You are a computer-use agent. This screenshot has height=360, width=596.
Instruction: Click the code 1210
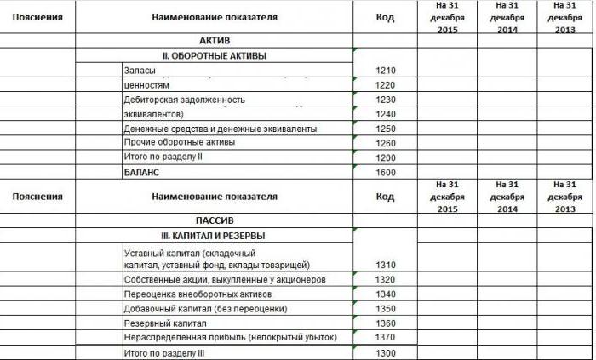click(x=387, y=71)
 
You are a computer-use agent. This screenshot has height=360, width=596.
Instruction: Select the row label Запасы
click(x=140, y=71)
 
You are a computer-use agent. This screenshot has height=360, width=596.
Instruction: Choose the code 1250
click(x=387, y=129)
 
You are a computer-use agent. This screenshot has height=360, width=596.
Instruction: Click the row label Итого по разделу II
click(x=163, y=157)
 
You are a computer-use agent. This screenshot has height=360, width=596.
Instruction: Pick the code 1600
click(x=387, y=173)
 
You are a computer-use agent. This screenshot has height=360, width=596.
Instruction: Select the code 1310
click(x=387, y=265)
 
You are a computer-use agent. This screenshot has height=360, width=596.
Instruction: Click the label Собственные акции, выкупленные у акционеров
click(x=224, y=279)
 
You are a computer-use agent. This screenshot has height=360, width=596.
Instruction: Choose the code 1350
click(x=387, y=308)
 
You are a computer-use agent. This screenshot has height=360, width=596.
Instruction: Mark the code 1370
click(x=387, y=338)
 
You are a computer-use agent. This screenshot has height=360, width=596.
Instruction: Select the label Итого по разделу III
click(x=164, y=353)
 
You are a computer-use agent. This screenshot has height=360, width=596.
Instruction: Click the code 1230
click(x=387, y=100)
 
